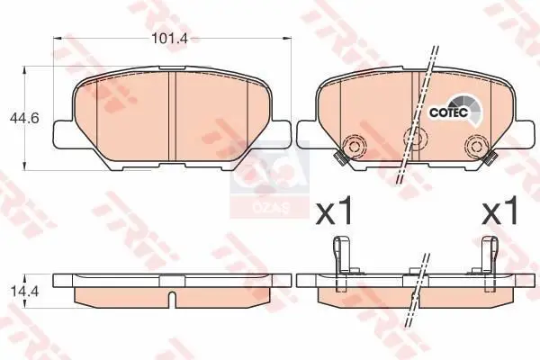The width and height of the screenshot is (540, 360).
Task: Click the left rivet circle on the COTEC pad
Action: (x=354, y=147)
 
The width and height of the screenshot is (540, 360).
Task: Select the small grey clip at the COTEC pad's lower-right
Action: (x=492, y=160)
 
